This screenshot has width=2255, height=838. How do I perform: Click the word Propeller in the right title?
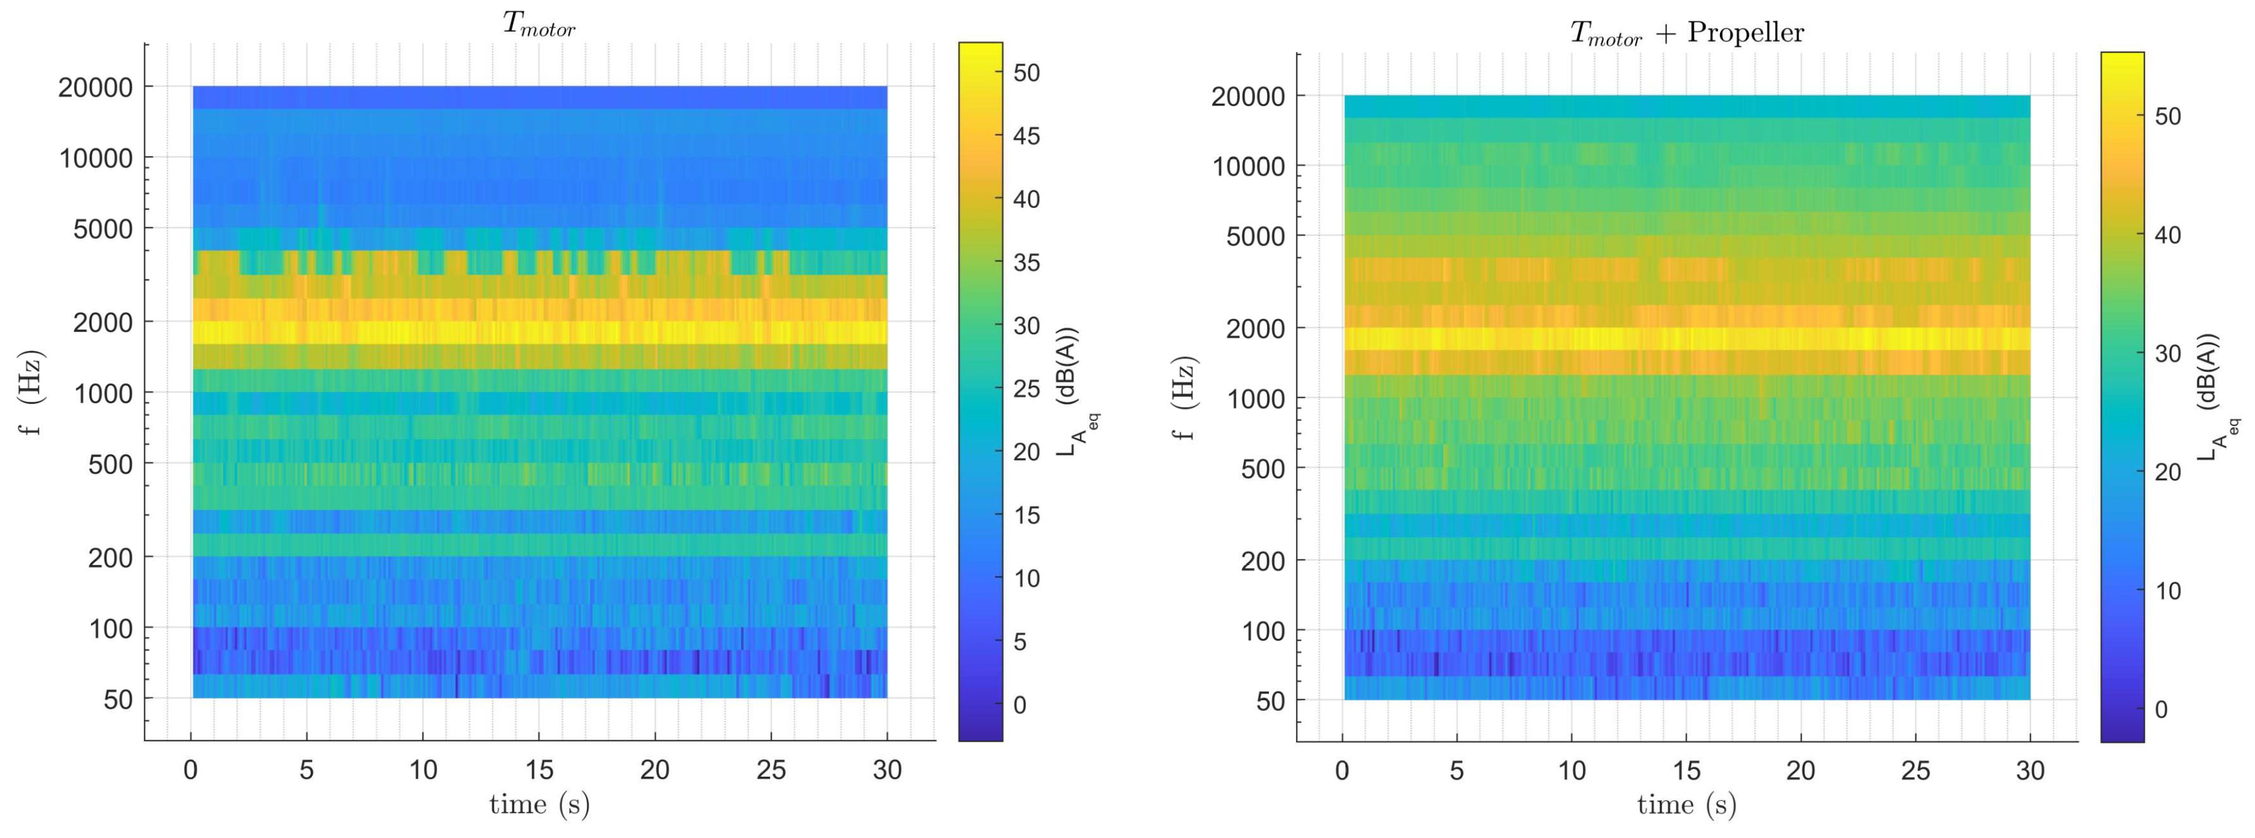pos(1745,32)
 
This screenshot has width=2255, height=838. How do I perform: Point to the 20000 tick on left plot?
pos(95,88)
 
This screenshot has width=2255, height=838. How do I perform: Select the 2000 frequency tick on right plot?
pos(1254,329)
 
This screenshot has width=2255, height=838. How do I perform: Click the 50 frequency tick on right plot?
pos(1270,701)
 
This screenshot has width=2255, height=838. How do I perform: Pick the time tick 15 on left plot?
pos(539,770)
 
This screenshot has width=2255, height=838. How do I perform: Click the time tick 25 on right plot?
pos(1915,770)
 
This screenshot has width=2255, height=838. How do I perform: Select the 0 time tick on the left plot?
pos(191,770)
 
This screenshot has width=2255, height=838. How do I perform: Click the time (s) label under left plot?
pos(539,804)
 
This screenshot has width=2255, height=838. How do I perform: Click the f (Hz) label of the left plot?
pos(32,392)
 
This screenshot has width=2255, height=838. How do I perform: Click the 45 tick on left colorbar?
pos(1026,136)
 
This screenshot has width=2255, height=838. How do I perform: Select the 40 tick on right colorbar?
pos(2167,234)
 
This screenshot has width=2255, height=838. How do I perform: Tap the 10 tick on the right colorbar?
pos(2167,591)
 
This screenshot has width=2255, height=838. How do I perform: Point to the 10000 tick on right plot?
pos(1248,166)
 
